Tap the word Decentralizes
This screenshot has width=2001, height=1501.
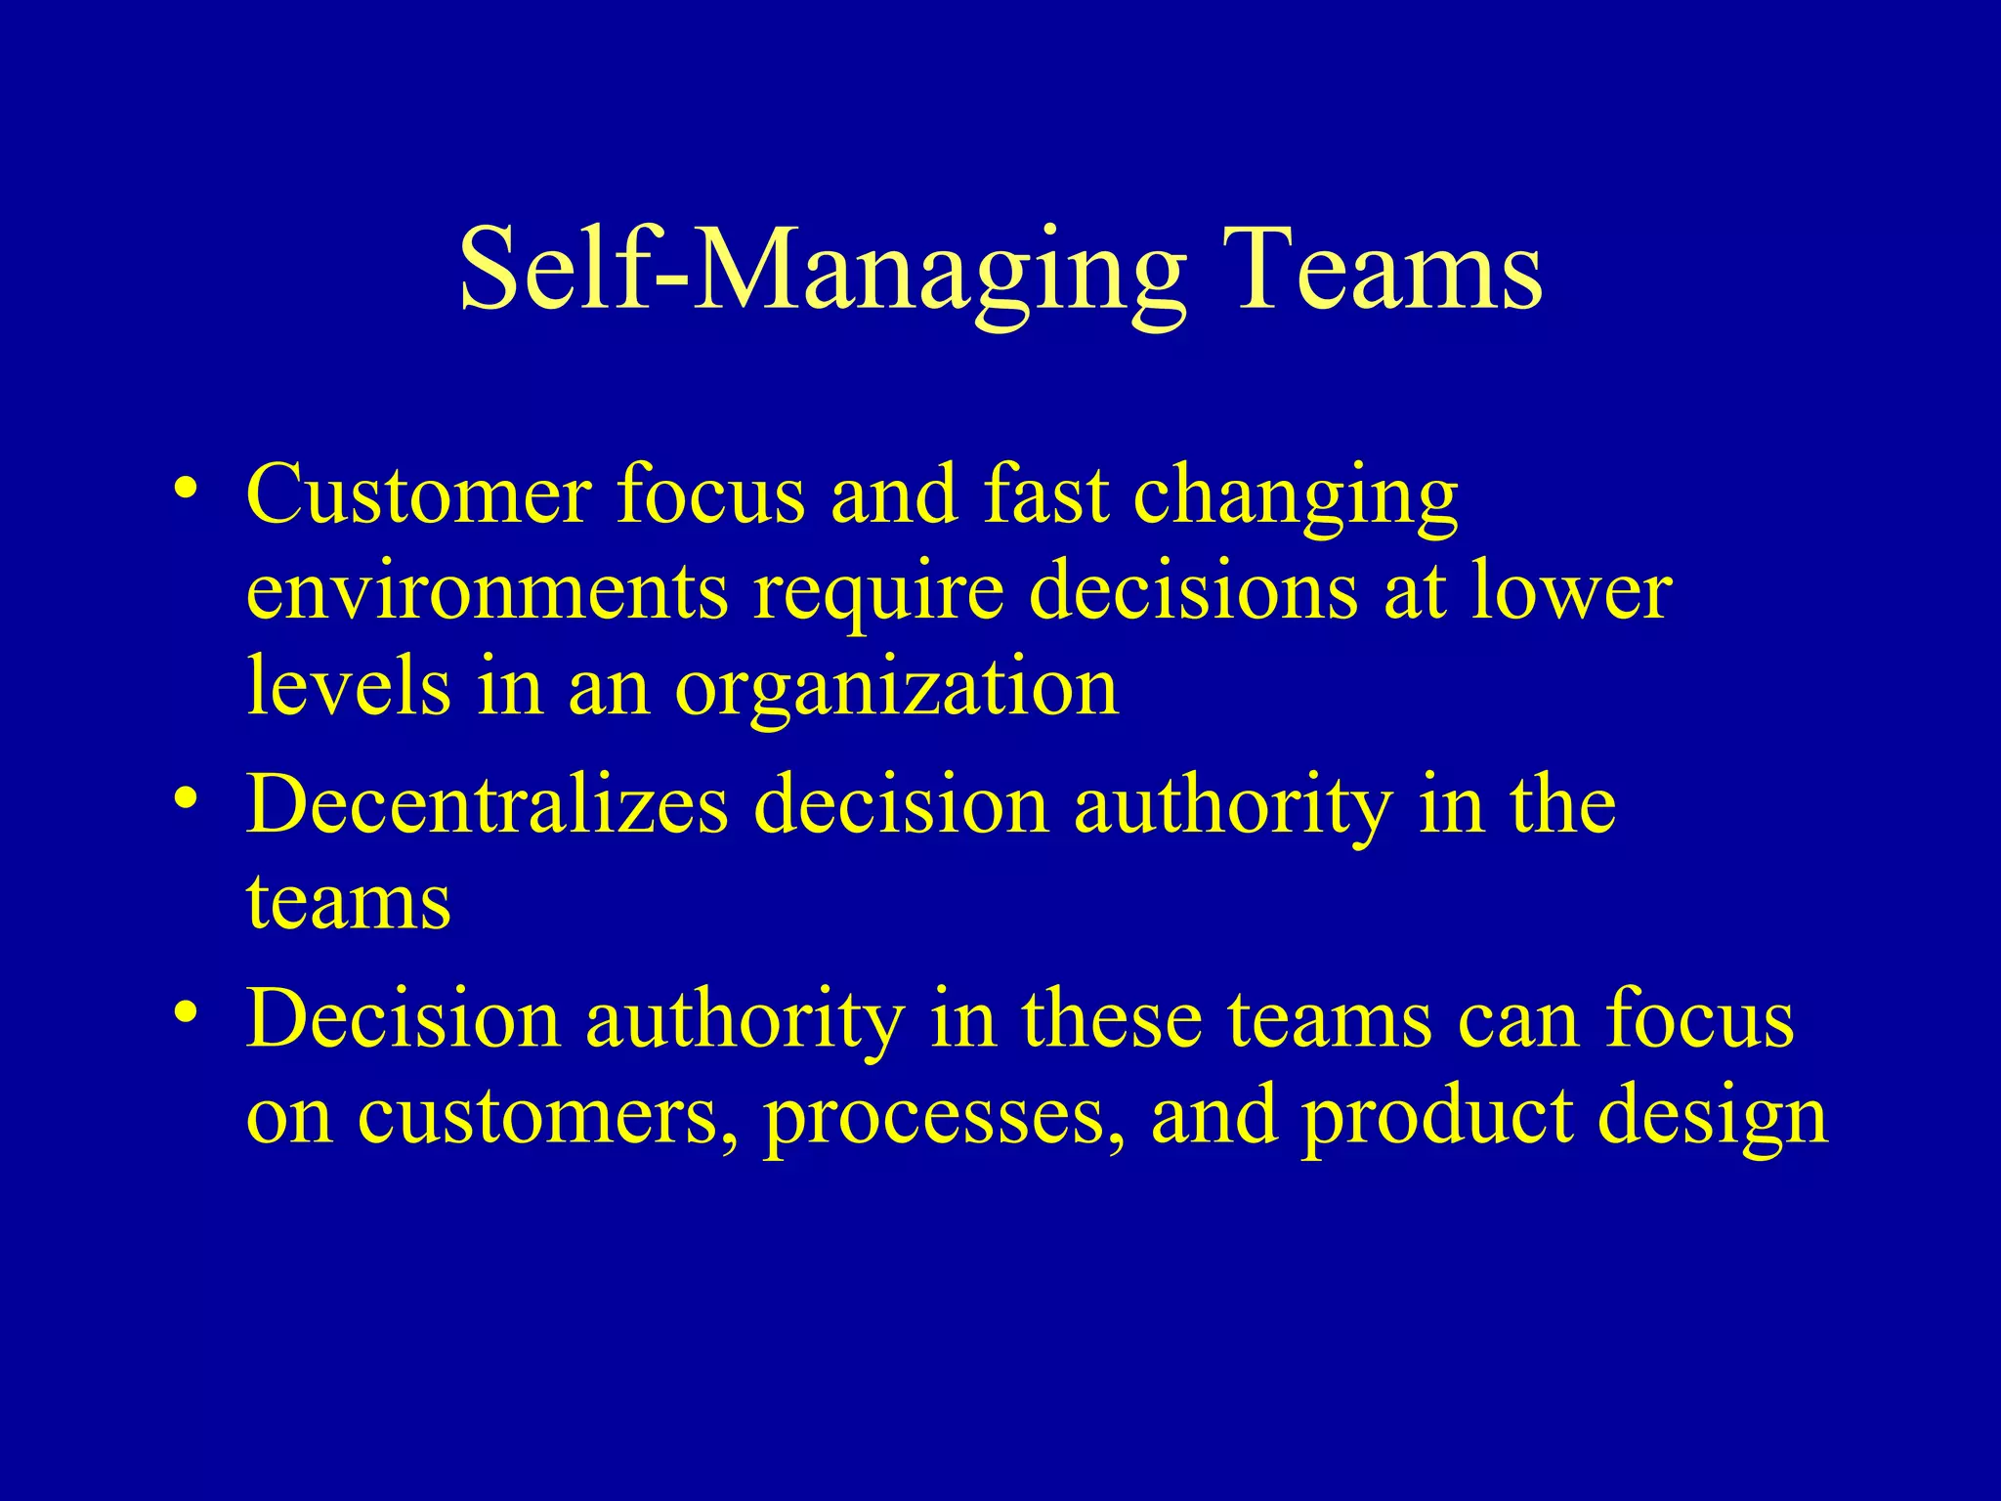(487, 805)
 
